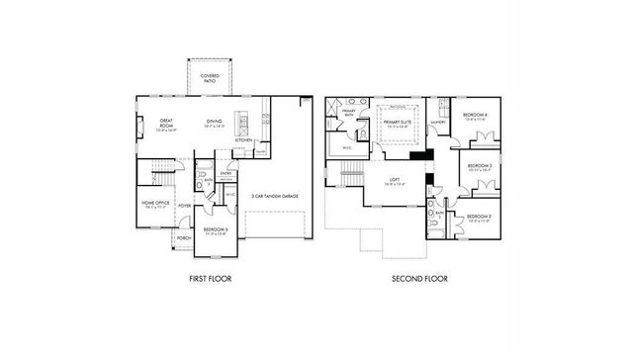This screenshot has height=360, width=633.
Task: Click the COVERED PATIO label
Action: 211,75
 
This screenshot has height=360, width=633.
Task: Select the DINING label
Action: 215,123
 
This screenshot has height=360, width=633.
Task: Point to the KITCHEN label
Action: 243,140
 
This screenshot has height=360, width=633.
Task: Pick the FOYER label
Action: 184,206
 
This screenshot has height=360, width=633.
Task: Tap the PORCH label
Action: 183,238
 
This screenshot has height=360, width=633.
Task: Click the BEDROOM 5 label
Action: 215,229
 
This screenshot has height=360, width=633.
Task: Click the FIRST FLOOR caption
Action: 210,280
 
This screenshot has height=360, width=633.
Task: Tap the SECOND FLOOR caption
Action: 414,280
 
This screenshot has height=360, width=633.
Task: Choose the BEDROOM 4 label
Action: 475,116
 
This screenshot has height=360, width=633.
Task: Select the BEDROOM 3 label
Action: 479,166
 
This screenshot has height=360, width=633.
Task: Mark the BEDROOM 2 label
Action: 479,217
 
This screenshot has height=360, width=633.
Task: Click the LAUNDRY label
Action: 437,122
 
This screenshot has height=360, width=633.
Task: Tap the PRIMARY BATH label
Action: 349,113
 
